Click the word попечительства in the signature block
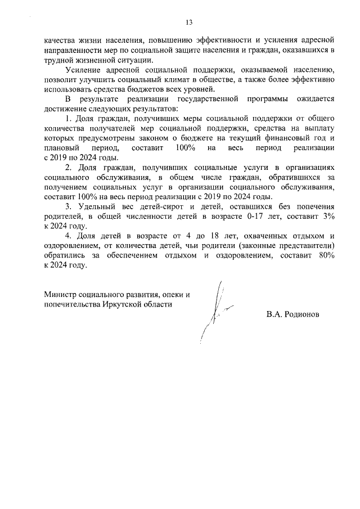click(x=71, y=304)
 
